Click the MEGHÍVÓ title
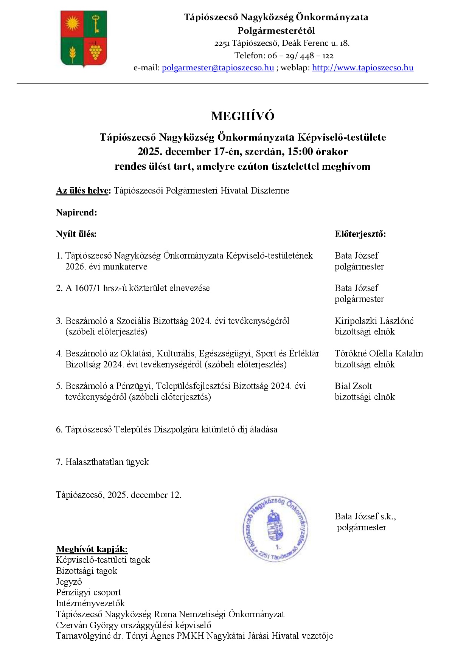point(242,116)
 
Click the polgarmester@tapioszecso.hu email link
point(218,68)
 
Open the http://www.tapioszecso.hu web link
point(362,68)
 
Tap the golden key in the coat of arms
point(96,23)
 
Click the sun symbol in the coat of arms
point(72,24)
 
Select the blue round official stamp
point(275,528)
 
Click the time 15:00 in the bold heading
point(300,152)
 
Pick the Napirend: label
point(76,212)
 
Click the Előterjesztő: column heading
point(360,234)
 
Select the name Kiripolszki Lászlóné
point(374,321)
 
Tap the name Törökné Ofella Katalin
point(379,353)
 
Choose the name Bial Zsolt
point(353,386)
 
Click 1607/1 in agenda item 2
point(88,288)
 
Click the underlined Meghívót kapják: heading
point(92,549)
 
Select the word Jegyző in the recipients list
point(69,582)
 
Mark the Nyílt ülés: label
point(76,234)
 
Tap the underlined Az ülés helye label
point(83,191)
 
